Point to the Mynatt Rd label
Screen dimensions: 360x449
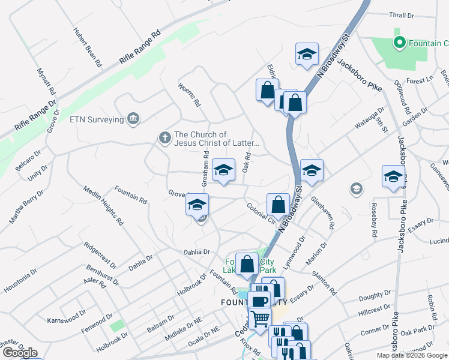[x=47, y=82]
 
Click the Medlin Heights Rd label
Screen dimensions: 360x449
[x=105, y=204]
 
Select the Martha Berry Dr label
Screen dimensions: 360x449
[x=26, y=206]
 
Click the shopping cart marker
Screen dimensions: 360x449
[x=260, y=319]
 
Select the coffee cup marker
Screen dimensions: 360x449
[x=260, y=302]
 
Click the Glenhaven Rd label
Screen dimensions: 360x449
[x=324, y=215]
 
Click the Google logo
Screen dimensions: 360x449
[x=20, y=352]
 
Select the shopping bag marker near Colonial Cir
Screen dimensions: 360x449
[x=278, y=204]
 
